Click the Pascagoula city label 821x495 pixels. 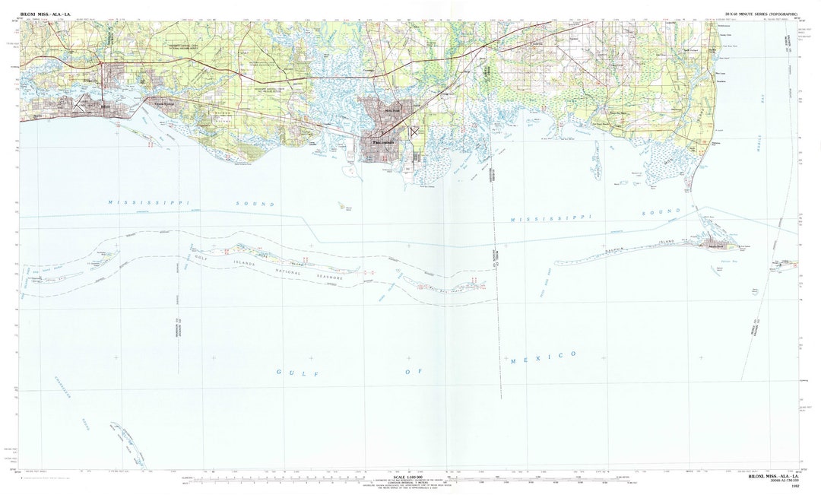pos(382,142)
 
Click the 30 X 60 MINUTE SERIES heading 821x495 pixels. pos(760,15)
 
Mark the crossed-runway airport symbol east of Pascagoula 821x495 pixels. pos(414,131)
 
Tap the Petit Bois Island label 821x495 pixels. pos(445,287)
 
